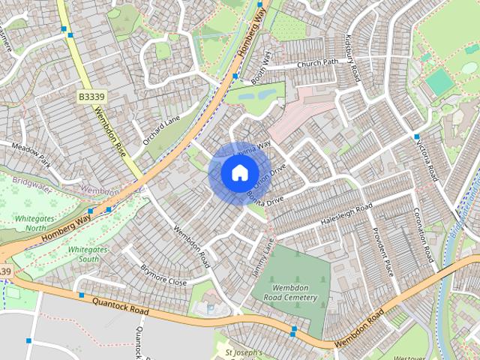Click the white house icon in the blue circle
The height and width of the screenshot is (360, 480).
238,172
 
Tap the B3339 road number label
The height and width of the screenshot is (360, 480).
91,97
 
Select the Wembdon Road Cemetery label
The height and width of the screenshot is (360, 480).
284,292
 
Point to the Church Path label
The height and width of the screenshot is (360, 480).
317,63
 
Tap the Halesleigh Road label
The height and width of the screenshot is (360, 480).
346,214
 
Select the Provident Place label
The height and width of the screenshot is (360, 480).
383,251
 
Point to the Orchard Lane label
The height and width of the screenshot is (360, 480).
163,129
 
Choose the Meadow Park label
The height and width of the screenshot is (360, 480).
30,154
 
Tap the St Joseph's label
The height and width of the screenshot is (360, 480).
244,352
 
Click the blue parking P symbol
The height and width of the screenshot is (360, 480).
210,307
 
